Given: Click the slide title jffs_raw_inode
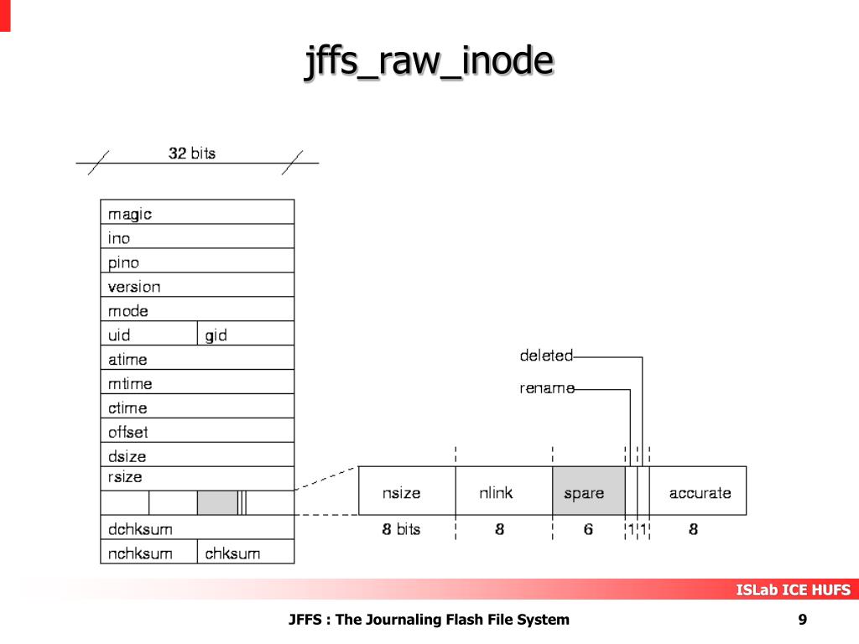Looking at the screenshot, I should [429, 64].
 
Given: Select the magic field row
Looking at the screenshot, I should [197, 213].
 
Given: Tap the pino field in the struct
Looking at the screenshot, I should [197, 262].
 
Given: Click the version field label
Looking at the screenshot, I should [134, 286].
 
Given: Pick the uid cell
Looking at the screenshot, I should [149, 335].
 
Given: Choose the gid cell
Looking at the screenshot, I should [246, 335].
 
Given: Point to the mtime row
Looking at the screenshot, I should [197, 383].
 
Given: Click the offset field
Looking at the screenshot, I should [197, 432].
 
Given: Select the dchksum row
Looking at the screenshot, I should [197, 529].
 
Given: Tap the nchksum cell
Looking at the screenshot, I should [149, 553].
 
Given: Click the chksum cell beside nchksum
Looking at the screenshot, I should [246, 553].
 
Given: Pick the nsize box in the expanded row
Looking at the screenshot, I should [407, 492].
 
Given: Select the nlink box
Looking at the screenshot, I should [503, 492].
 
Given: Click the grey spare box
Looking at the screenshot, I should [588, 492].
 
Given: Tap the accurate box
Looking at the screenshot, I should [700, 492].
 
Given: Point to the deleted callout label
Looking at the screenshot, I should [546, 356].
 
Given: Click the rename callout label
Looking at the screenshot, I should [547, 388].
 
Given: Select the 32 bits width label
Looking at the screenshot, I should [192, 153].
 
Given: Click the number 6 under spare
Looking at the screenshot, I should [588, 529].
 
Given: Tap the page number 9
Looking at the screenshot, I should [803, 620].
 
